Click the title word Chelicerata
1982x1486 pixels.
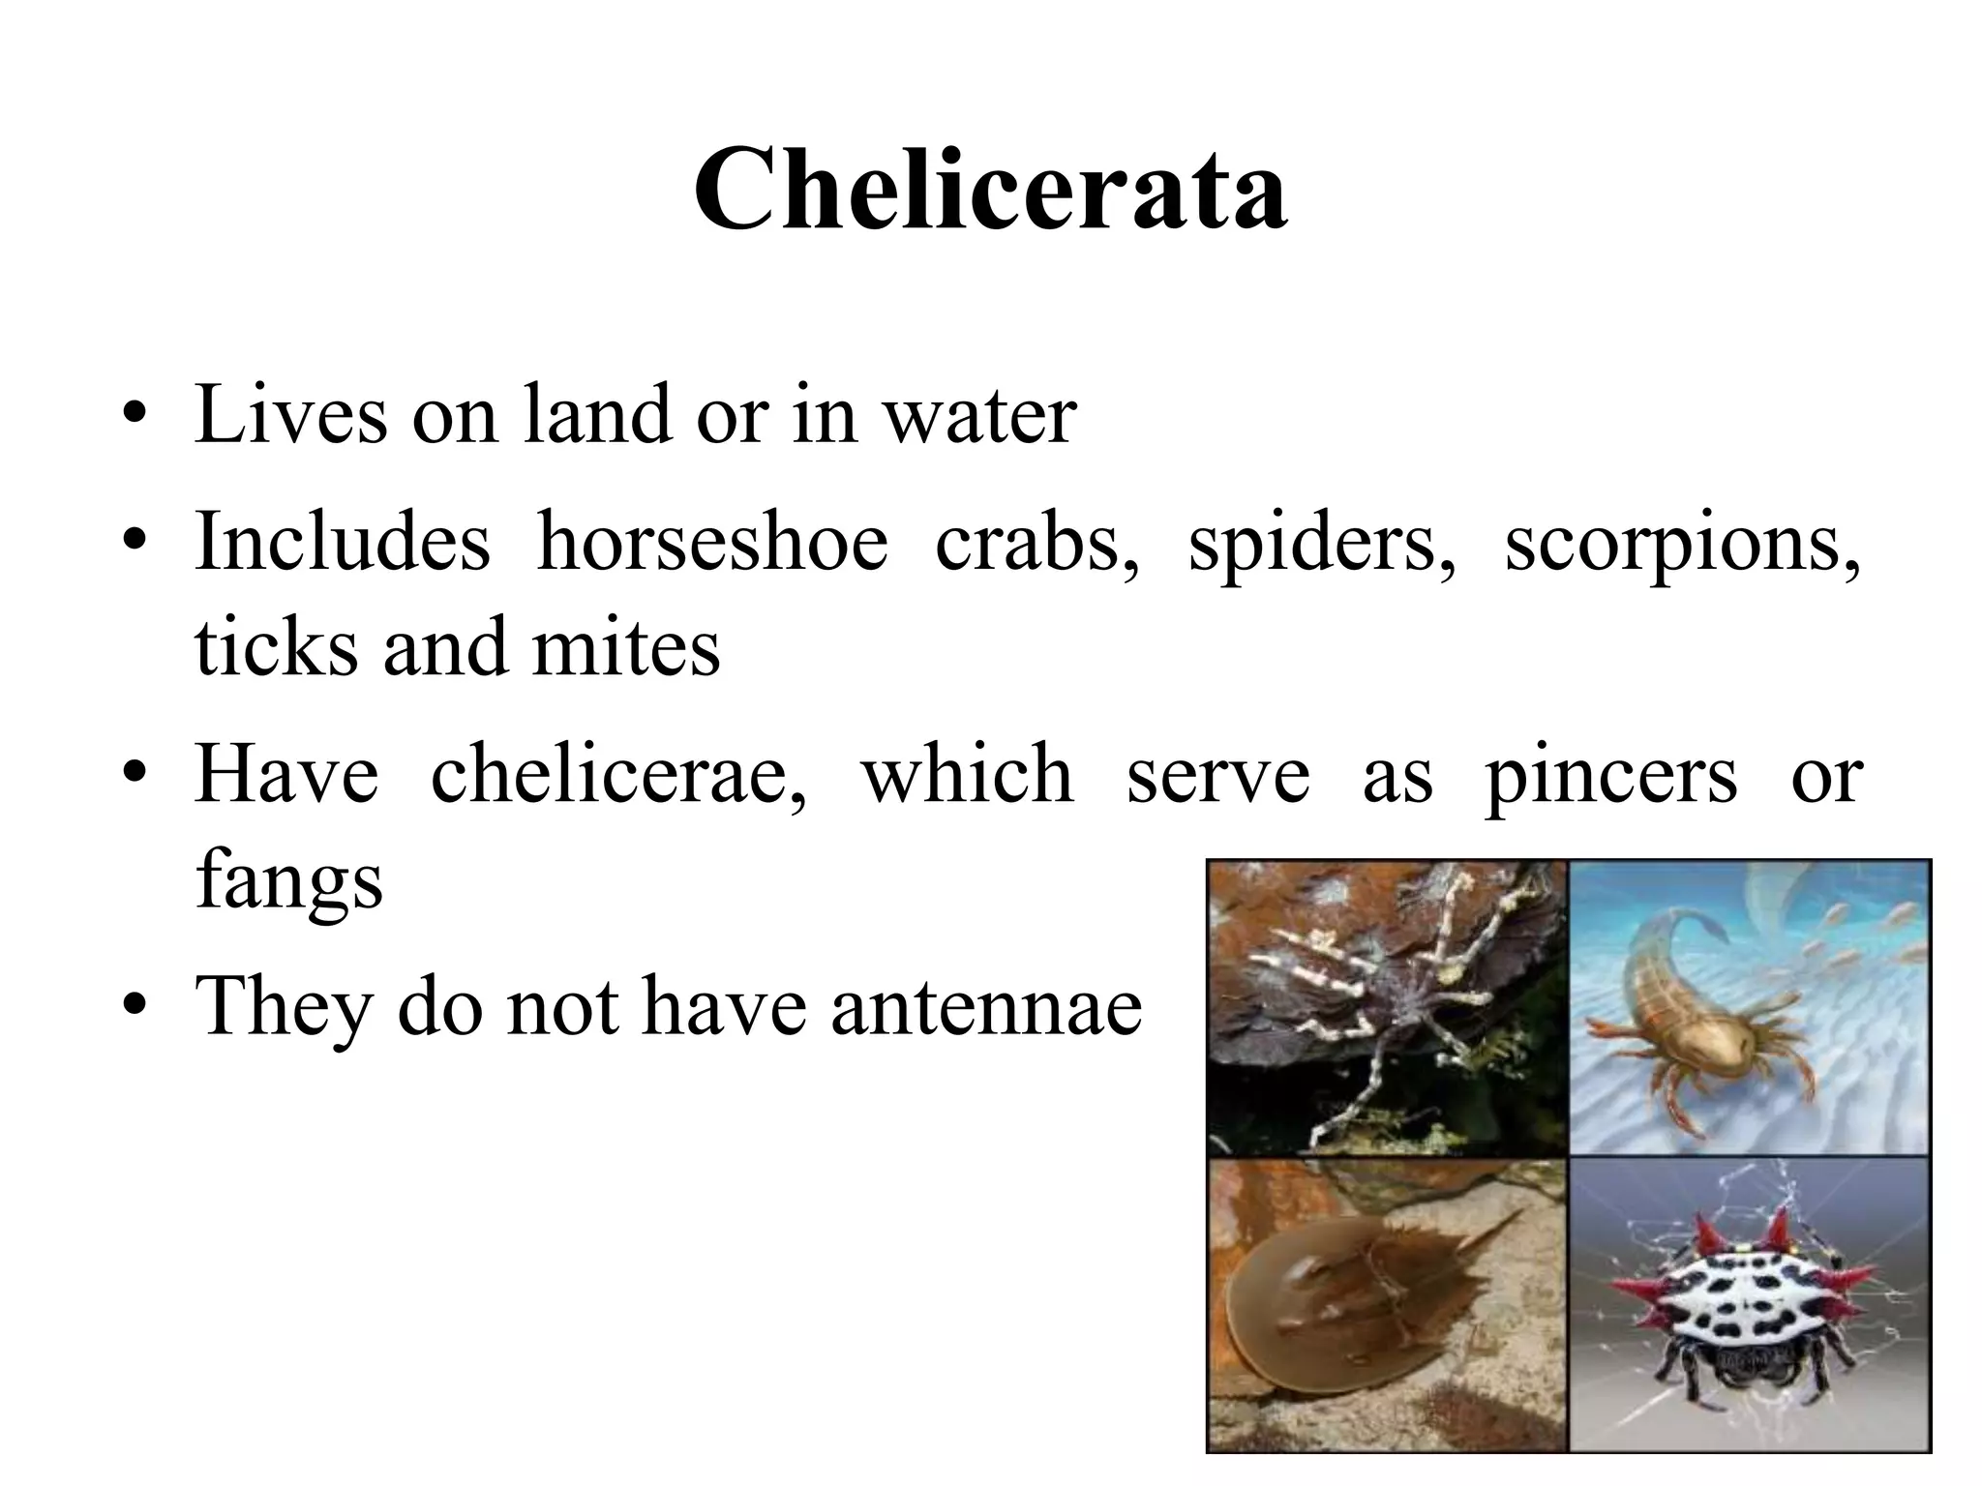pyautogui.click(x=990, y=190)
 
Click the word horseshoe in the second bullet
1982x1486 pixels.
pyautogui.click(x=712, y=542)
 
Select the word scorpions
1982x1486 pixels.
pyautogui.click(x=1682, y=542)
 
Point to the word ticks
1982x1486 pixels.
pyautogui.click(x=276, y=646)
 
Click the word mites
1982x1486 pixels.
pyautogui.click(x=626, y=646)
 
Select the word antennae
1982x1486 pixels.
pyautogui.click(x=987, y=1006)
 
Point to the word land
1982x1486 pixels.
pyautogui.click(x=596, y=414)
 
